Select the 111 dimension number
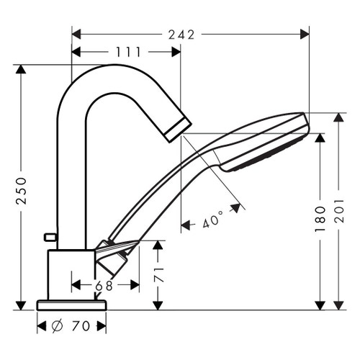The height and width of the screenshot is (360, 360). (x=127, y=52)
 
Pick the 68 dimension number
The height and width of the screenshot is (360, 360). (x=104, y=286)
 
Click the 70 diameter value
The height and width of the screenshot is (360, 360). (x=81, y=326)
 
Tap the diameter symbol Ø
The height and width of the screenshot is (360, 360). (x=58, y=326)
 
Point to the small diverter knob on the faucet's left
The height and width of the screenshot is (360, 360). (x=50, y=237)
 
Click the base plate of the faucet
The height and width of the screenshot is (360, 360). (x=71, y=304)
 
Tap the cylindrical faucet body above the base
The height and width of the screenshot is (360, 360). (x=71, y=274)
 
